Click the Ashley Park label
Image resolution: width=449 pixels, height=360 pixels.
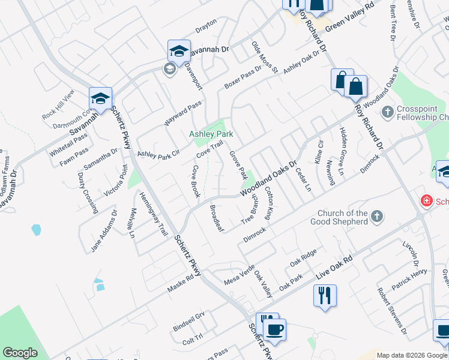tap(211, 134)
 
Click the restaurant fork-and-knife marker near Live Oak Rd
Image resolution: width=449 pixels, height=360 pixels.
tap(325, 296)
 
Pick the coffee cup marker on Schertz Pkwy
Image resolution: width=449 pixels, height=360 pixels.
tap(275, 329)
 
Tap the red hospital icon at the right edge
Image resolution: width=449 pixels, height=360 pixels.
tap(426, 201)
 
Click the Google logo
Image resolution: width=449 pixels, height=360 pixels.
tap(20, 353)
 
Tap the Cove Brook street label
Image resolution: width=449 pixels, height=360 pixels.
tap(196, 181)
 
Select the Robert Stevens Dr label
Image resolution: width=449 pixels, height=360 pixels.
tap(392, 310)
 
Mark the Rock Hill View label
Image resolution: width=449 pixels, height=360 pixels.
tap(58, 104)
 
